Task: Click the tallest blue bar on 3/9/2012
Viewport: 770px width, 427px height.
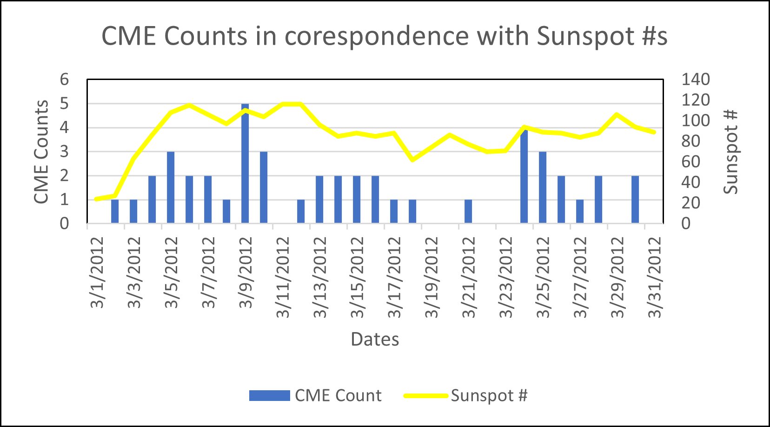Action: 245,164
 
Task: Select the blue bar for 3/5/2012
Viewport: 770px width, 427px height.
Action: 171,187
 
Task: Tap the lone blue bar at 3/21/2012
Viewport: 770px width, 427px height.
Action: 468,212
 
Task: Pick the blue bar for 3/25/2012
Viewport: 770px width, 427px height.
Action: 543,187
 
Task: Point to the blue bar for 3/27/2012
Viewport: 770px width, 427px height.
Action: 580,212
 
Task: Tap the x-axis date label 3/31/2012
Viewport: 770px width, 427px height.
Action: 654,278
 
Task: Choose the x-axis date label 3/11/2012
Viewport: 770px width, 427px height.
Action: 283,278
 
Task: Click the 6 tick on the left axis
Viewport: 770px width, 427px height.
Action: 64,80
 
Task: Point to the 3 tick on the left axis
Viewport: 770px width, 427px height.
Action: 64,152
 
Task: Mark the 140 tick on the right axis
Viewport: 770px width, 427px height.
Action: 696,80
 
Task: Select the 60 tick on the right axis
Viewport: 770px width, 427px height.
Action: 690,162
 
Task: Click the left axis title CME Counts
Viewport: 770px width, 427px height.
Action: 41,152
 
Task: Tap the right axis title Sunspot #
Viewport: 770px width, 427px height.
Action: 730,152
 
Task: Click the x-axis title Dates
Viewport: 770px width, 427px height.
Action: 375,340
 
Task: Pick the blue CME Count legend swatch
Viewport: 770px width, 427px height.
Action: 269,396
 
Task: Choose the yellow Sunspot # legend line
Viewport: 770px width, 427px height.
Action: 425,396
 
